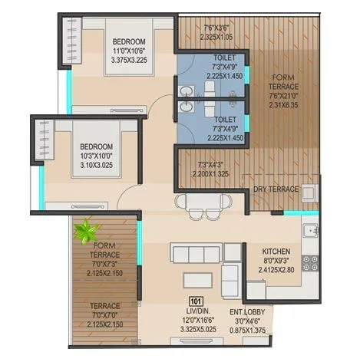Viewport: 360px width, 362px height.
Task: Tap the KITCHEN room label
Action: point(276,251)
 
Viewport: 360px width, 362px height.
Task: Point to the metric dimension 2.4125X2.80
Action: point(276,271)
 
